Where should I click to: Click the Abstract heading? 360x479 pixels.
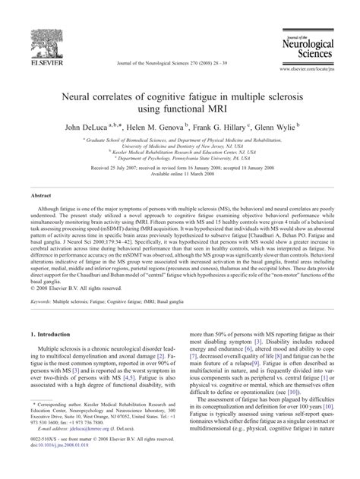(x=41, y=195)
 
